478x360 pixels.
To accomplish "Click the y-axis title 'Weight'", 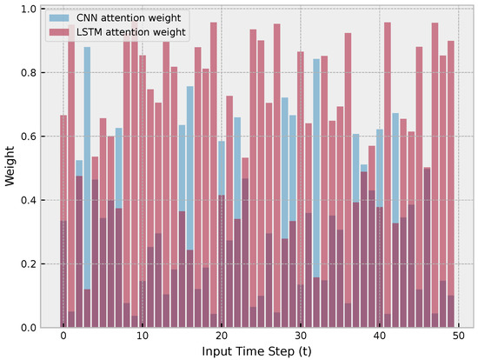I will (9, 168).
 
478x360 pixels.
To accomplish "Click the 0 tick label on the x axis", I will (63, 337).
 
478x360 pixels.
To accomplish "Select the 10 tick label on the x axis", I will (143, 337).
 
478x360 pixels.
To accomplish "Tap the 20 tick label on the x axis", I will (222, 337).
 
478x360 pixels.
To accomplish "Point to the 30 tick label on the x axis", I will (301, 337).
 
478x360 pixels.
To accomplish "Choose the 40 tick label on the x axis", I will (380, 337).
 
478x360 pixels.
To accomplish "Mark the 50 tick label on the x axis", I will (459, 337).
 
